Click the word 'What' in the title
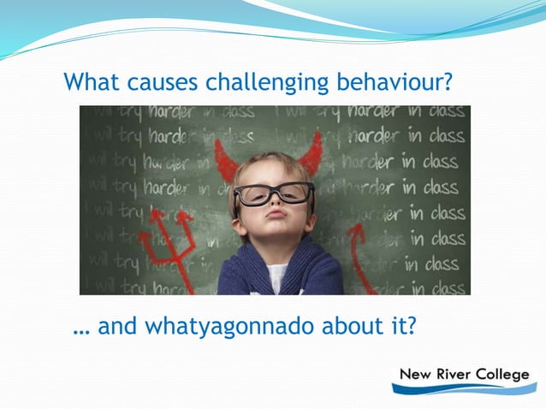(x=91, y=83)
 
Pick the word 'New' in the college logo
(x=413, y=375)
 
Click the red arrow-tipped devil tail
(x=358, y=248)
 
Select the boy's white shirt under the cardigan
(x=276, y=279)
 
